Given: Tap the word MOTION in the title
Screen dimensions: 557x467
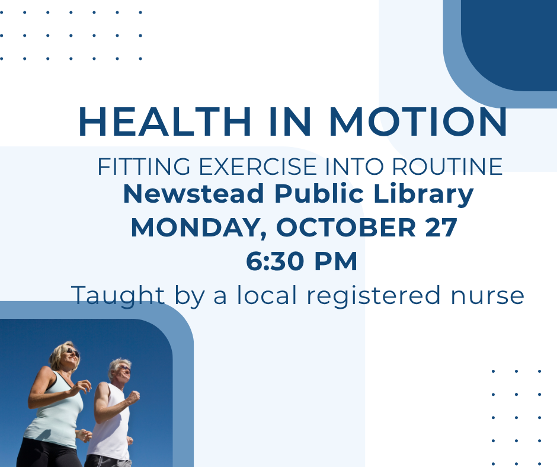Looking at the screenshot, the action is [418, 121].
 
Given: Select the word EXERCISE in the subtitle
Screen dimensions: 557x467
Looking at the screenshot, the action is [258, 167].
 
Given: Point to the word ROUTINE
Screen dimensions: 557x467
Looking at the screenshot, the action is [447, 167].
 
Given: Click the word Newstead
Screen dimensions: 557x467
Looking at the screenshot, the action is [194, 194].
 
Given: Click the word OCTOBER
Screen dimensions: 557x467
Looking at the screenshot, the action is [346, 228].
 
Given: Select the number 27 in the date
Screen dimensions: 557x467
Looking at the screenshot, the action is [441, 228].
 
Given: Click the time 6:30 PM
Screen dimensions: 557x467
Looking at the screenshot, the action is [302, 261].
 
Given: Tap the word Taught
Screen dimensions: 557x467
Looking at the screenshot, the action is [118, 296].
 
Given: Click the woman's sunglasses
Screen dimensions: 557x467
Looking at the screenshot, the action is [72, 352].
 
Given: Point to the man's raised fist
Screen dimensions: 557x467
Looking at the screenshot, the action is [133, 396].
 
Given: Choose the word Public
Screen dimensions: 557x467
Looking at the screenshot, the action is [319, 194].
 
